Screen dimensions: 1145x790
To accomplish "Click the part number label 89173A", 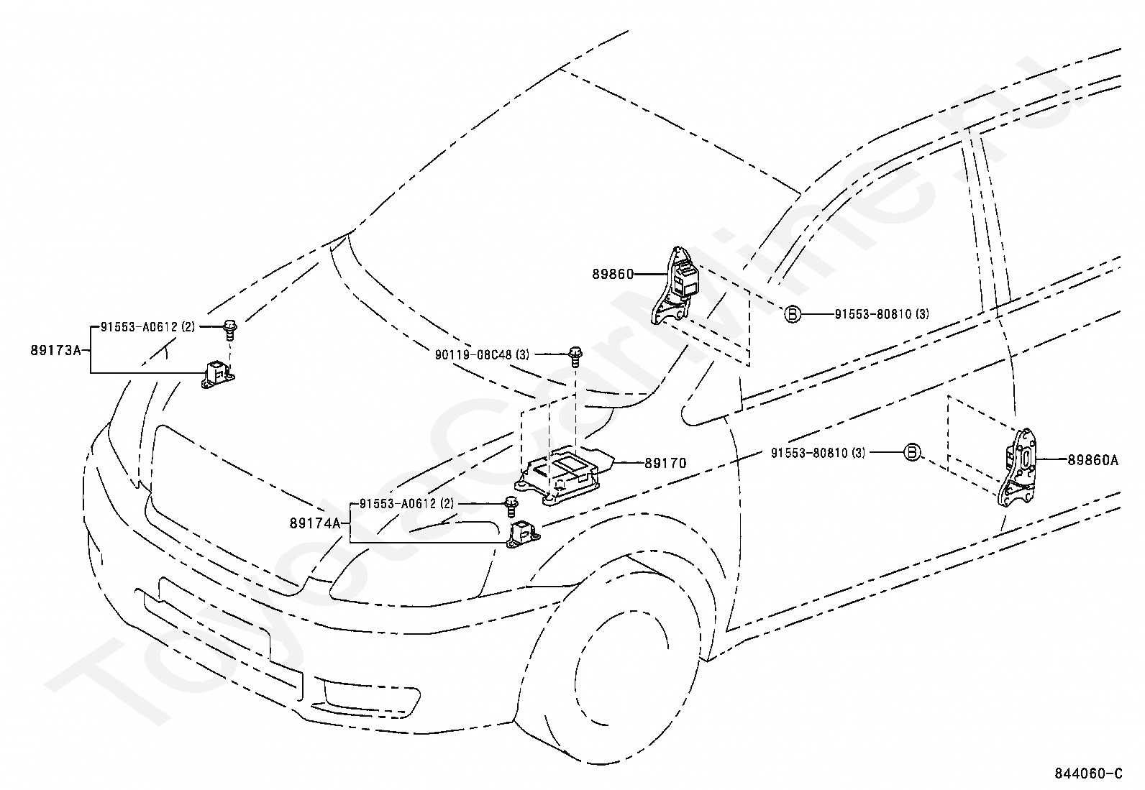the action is (x=55, y=351).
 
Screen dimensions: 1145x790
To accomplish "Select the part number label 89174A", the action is (x=315, y=523).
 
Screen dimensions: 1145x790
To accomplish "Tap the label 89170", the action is (x=665, y=463).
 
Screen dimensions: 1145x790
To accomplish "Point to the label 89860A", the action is (x=1093, y=460).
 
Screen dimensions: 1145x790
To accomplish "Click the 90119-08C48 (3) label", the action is (x=482, y=354).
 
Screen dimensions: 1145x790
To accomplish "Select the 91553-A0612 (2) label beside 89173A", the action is (x=147, y=326).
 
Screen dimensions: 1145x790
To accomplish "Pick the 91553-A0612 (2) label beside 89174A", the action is (x=406, y=503).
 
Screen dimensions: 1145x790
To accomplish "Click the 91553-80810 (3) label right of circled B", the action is (x=882, y=313).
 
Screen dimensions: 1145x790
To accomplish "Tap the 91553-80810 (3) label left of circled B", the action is (x=818, y=453).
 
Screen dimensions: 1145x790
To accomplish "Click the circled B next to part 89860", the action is (x=793, y=313).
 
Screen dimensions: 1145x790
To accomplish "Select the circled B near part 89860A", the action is (x=912, y=452).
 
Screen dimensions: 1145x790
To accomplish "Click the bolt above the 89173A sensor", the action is (x=231, y=330).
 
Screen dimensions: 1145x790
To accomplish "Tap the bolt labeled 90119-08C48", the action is (x=576, y=357).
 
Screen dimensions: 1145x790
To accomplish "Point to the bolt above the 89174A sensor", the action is (x=511, y=507).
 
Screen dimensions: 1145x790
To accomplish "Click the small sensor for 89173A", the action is (x=218, y=375).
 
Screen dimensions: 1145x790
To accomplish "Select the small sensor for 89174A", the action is (x=522, y=535).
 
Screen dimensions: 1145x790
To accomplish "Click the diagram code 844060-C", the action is (x=1087, y=773).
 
